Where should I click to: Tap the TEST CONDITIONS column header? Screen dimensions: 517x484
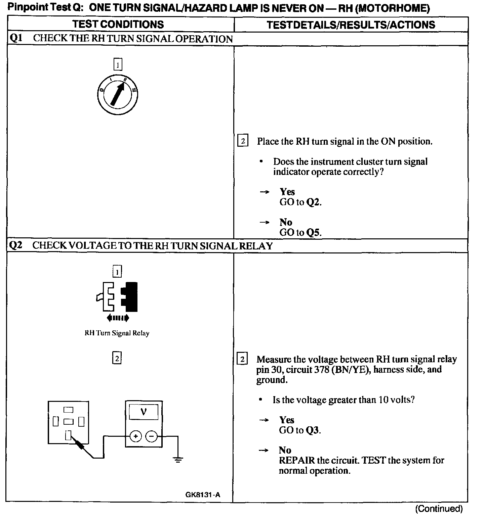118,24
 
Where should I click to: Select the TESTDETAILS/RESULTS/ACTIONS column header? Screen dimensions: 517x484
351,25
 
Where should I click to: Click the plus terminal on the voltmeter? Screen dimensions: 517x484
135,436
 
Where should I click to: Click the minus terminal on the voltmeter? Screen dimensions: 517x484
152,436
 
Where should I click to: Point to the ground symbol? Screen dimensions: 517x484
178,459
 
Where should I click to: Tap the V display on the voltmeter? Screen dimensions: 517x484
144,412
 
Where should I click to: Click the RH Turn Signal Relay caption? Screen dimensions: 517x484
117,333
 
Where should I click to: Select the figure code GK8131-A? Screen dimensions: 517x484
203,495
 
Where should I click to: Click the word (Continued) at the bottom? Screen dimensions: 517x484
439,509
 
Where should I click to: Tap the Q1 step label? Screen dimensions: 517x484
15,38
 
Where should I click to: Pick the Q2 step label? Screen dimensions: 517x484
15,245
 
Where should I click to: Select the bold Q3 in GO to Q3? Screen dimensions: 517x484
312,430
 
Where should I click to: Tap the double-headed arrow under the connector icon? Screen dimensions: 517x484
117,318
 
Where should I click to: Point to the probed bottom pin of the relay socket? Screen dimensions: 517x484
68,436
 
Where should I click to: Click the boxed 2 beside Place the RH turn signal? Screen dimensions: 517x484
243,140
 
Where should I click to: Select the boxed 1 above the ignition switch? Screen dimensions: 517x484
118,64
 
